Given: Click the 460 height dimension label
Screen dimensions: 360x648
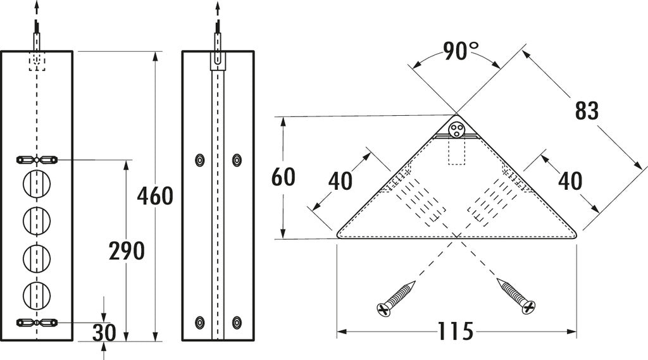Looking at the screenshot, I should (155, 196).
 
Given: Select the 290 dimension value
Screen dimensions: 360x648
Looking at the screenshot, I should (127, 251).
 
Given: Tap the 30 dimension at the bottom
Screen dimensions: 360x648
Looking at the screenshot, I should (104, 333).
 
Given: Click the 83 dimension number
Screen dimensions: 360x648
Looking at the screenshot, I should (587, 111).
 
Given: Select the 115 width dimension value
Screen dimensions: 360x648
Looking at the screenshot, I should (455, 331).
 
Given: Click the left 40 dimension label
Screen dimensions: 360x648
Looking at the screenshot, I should (340, 182).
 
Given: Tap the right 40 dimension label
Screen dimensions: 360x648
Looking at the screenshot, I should (570, 182).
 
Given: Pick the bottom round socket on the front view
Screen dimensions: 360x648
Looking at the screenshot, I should (37, 294).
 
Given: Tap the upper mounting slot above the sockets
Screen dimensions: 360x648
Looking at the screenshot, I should (37, 159).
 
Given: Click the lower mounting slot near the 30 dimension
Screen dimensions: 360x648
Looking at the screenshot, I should (37, 322).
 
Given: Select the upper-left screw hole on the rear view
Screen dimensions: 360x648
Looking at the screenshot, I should (200, 159).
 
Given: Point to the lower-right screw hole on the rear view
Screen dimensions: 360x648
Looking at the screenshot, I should (237, 322).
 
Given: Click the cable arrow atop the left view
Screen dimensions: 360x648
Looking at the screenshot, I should (37, 8).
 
